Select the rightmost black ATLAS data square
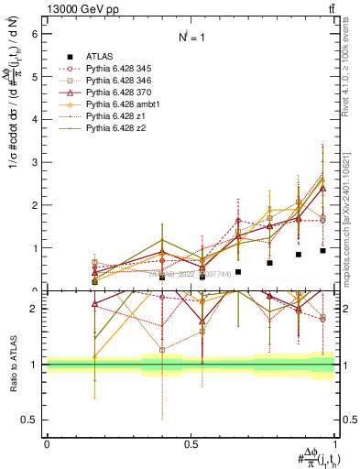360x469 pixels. (322, 250)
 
